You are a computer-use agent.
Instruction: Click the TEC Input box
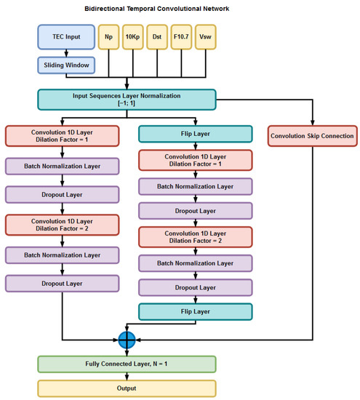(x=65, y=36)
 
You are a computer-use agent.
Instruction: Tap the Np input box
(x=109, y=36)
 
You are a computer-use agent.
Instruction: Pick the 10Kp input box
(x=134, y=36)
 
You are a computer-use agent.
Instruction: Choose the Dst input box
(x=159, y=36)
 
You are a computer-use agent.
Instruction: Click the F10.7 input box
(x=184, y=36)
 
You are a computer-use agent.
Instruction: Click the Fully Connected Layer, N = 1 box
(x=127, y=364)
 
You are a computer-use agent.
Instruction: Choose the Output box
(x=127, y=388)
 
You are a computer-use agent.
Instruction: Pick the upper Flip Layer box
(x=195, y=134)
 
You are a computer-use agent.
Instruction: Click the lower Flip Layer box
(x=195, y=311)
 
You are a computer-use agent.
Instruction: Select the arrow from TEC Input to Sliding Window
(x=65, y=52)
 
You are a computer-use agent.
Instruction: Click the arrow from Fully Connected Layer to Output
(x=127, y=376)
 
